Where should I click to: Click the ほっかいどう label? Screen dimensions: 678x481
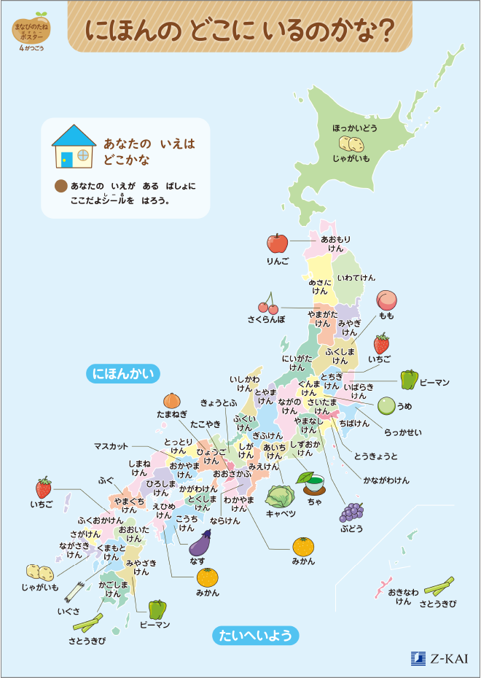355,128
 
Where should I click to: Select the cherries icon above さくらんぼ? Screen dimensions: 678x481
267,304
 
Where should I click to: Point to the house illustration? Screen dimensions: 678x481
74,146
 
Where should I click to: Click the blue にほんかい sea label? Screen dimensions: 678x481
125,374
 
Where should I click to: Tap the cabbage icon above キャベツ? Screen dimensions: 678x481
280,496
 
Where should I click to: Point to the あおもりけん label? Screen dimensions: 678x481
335,243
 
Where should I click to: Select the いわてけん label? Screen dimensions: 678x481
356,278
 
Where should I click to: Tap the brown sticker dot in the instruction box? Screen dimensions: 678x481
61,187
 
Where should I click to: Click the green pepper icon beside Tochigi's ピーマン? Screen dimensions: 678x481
409,380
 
